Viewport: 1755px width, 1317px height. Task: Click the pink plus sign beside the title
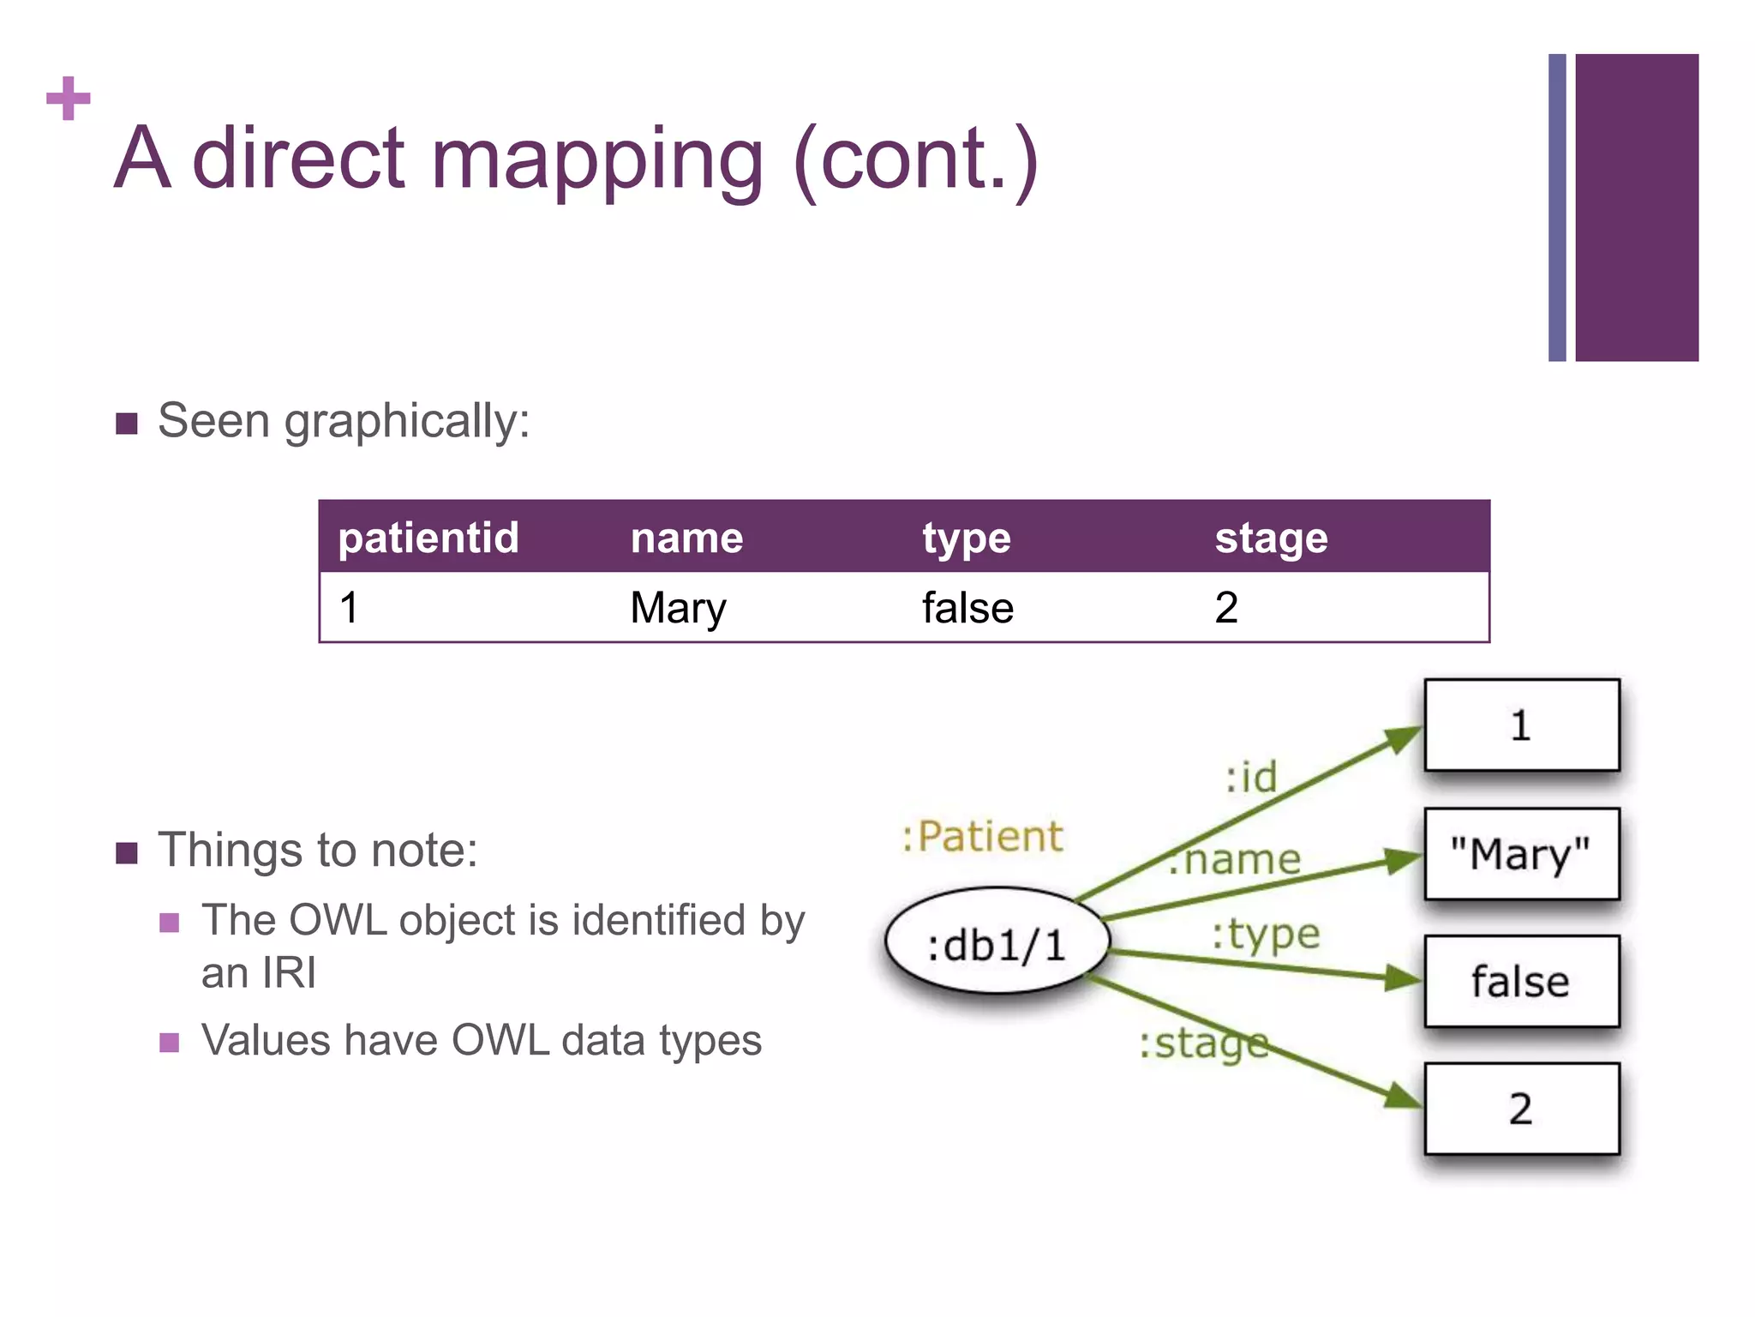click(x=68, y=99)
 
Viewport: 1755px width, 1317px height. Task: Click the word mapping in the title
click(x=596, y=160)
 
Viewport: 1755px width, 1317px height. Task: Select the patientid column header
click(x=428, y=538)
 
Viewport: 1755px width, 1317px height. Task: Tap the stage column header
click(x=1271, y=538)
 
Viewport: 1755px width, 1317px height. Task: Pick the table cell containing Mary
click(x=678, y=608)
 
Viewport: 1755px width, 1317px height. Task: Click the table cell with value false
click(x=967, y=608)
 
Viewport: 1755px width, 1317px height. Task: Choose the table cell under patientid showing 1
click(x=349, y=608)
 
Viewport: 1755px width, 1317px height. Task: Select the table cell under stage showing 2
click(x=1226, y=608)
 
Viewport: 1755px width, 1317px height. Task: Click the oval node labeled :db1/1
click(x=997, y=943)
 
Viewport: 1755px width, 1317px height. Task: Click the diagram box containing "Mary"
click(x=1521, y=854)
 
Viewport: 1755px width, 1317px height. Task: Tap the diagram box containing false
click(x=1521, y=982)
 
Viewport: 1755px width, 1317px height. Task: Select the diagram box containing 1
click(x=1521, y=725)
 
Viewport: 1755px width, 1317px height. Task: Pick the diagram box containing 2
click(x=1521, y=1109)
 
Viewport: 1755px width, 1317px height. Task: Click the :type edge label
click(x=1266, y=934)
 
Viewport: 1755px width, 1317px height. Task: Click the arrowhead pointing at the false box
click(x=1404, y=978)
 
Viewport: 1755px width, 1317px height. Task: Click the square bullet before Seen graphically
click(x=127, y=424)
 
